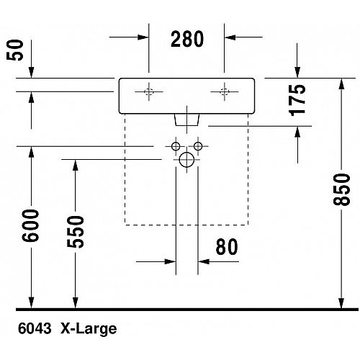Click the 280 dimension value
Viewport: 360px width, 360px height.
(x=187, y=39)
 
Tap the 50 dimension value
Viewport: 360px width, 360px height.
(x=15, y=50)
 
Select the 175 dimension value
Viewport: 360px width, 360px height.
(x=297, y=100)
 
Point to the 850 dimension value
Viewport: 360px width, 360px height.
(x=341, y=190)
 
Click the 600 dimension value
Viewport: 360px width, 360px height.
(x=30, y=225)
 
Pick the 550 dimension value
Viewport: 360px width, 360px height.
(x=76, y=232)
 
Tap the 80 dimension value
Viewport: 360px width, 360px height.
(x=227, y=247)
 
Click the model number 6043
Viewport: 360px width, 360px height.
(x=35, y=328)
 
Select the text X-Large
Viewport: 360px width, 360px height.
(x=89, y=329)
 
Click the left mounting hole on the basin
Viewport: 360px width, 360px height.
(x=149, y=91)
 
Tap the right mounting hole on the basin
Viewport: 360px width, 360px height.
(x=225, y=91)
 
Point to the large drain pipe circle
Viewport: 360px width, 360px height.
(x=186, y=160)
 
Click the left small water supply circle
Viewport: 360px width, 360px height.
(x=176, y=146)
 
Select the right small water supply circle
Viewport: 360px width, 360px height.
(x=198, y=146)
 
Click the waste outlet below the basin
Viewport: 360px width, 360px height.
(x=187, y=120)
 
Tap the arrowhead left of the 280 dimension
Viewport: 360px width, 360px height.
(x=143, y=37)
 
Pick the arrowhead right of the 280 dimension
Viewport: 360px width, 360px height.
(x=230, y=37)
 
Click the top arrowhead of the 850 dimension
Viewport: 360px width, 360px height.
(x=341, y=84)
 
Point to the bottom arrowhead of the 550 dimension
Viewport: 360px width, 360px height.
(x=76, y=303)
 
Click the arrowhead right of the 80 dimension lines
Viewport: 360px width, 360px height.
(x=204, y=261)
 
